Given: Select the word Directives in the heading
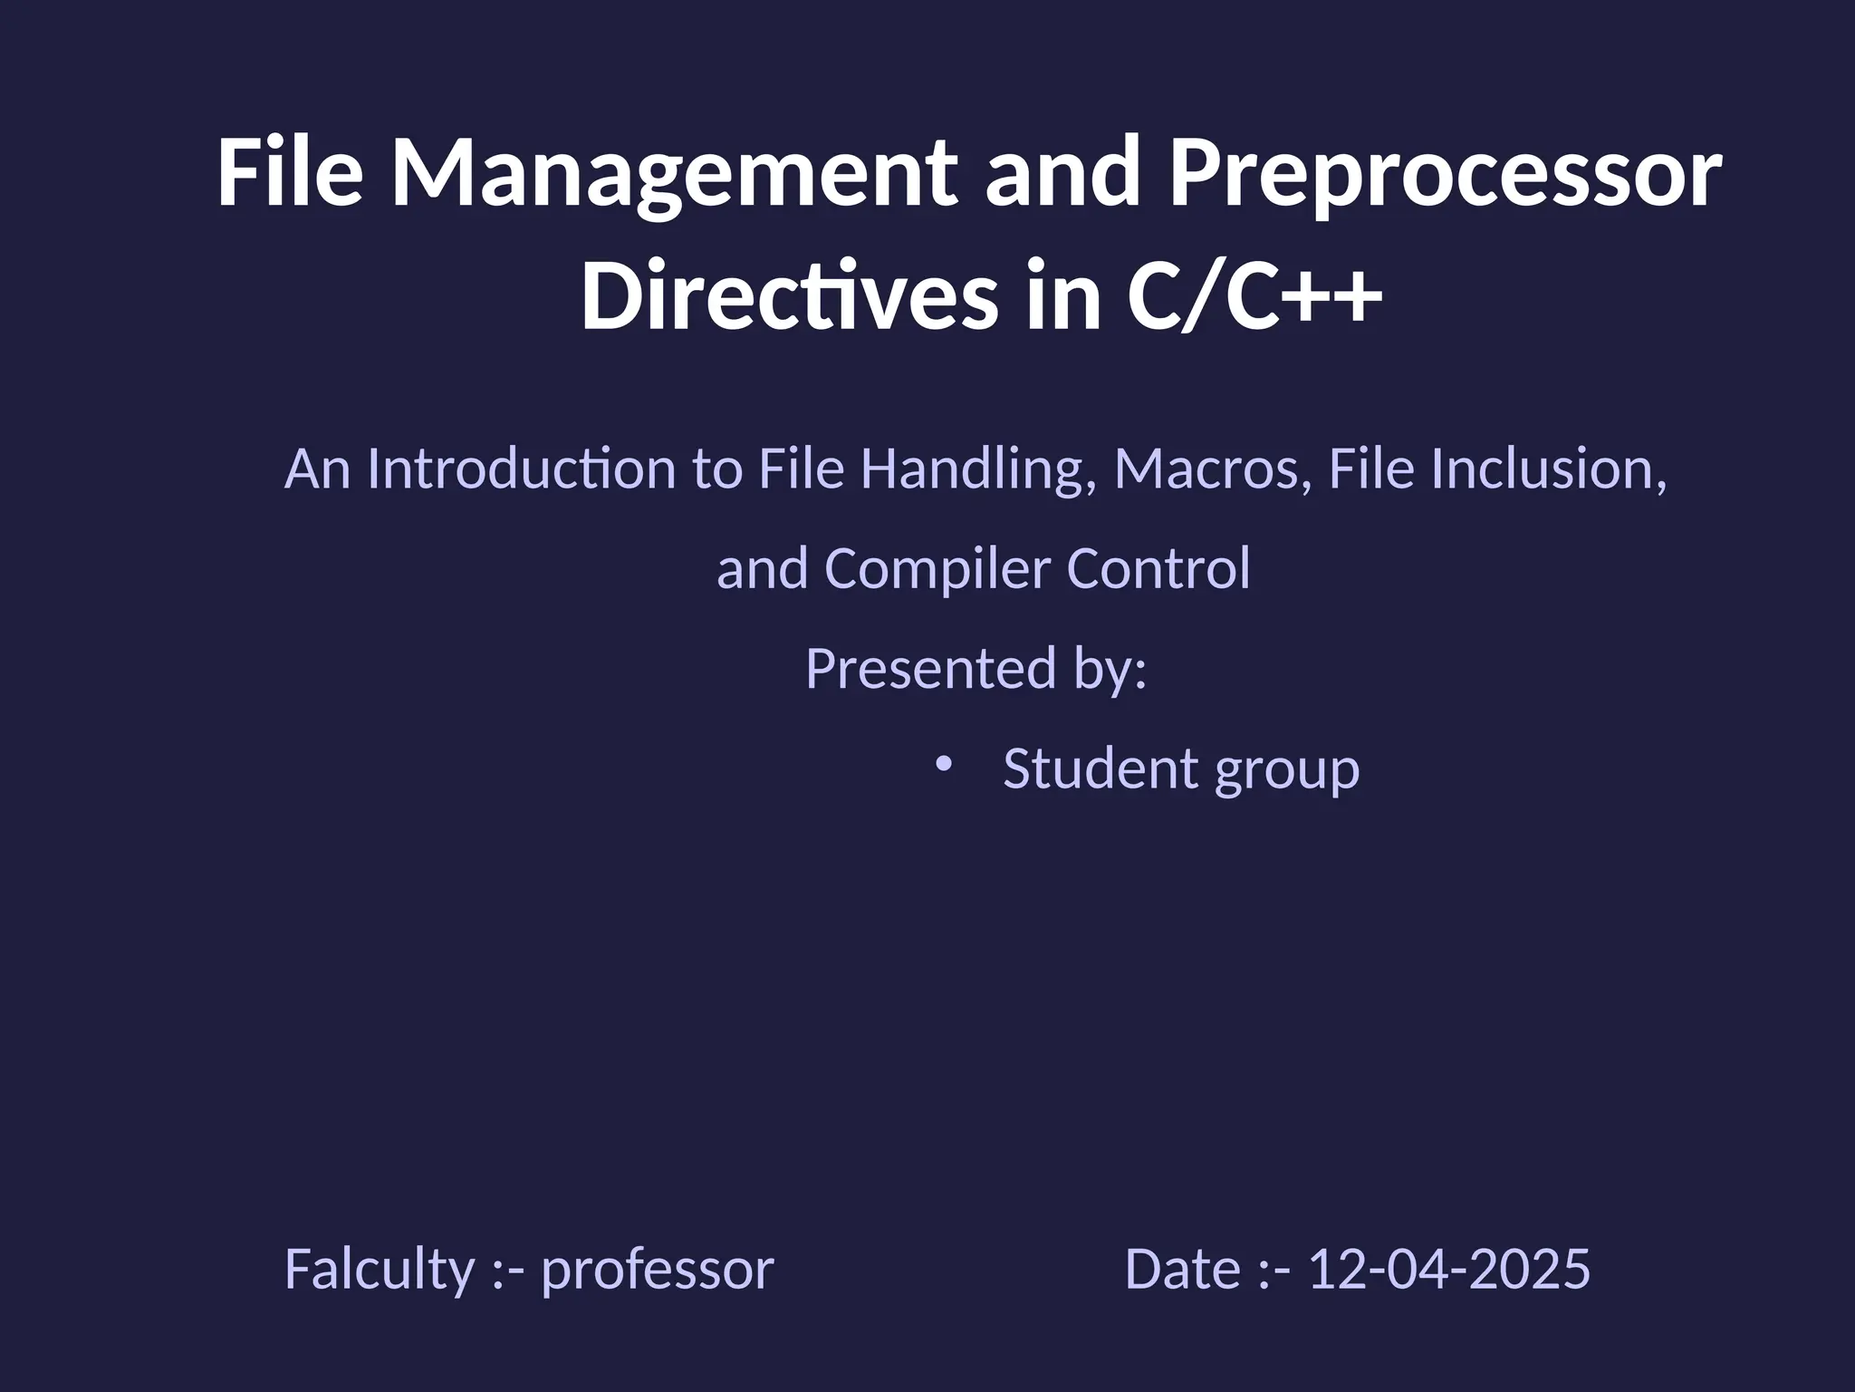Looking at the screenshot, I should (x=789, y=297).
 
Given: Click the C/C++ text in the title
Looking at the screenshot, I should (x=1254, y=297).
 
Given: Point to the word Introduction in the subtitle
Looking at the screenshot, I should (x=521, y=469).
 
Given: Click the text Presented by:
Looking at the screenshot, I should (x=976, y=669).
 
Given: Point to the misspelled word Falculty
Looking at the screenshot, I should (x=380, y=1269).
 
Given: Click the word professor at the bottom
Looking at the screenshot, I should (x=658, y=1269).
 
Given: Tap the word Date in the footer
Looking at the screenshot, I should (x=1182, y=1269).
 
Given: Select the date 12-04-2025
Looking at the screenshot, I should (x=1449, y=1269).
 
